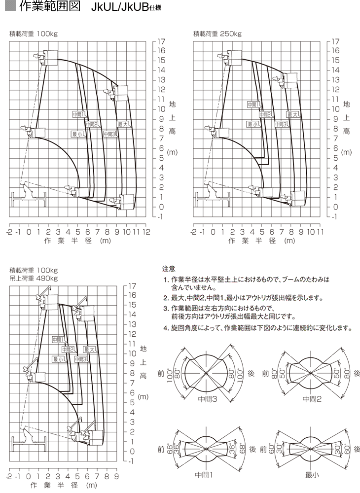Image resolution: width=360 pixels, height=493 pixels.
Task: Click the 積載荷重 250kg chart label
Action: (x=217, y=34)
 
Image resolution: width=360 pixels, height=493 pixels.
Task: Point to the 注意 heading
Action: (x=169, y=269)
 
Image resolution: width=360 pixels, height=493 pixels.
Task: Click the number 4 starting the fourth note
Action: (x=166, y=328)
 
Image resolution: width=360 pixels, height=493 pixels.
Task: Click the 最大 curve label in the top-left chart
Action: (x=123, y=124)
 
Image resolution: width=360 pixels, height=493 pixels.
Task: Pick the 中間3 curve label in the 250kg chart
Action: (x=281, y=124)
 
